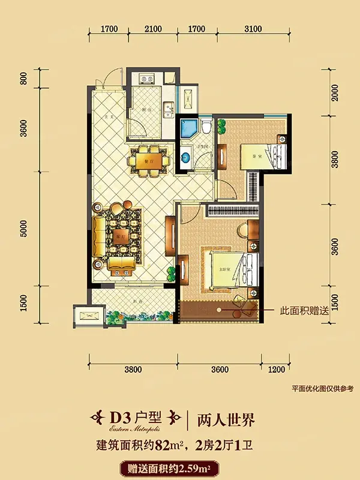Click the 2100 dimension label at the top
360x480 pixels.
pyautogui.click(x=154, y=29)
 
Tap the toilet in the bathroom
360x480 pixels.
pyautogui.click(x=206, y=127)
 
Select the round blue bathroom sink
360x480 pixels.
pyautogui.click(x=186, y=158)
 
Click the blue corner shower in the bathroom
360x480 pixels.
pyautogui.click(x=188, y=128)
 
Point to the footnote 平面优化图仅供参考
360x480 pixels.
pyautogui.click(x=322, y=389)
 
